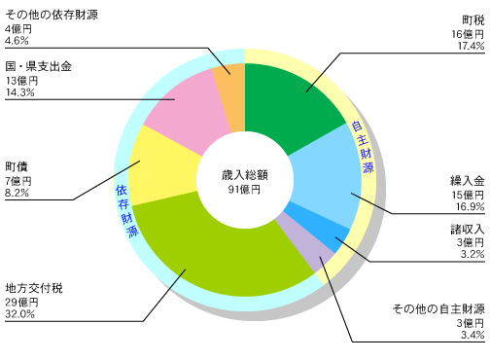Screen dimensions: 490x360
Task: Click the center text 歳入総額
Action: coord(243,175)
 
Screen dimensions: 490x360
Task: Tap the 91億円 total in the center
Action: coord(243,190)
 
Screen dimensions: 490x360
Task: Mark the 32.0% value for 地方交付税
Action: coord(20,314)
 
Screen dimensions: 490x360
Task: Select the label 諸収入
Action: coord(467,229)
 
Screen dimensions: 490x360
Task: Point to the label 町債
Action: coord(16,166)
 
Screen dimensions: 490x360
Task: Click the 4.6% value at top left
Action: coord(18,42)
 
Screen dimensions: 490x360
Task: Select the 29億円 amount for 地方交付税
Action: coord(19,301)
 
